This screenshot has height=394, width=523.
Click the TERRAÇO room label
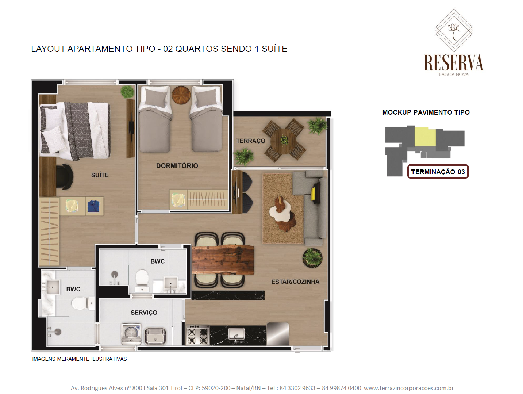pyautogui.click(x=250, y=141)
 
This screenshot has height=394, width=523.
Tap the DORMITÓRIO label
pyautogui.click(x=177, y=166)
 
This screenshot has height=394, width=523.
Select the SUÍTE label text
pyautogui.click(x=100, y=175)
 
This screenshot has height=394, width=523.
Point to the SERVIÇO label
pyautogui.click(x=144, y=313)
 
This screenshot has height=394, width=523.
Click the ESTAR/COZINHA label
pyautogui.click(x=296, y=282)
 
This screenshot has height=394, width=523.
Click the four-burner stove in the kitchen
pyautogui.click(x=197, y=335)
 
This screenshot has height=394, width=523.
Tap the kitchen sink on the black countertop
pyautogui.click(x=236, y=334)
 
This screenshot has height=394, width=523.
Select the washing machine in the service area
pyautogui.click(x=131, y=334)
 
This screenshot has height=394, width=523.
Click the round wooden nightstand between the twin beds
pyautogui.click(x=181, y=95)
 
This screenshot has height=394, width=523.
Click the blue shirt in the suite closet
pyautogui.click(x=93, y=206)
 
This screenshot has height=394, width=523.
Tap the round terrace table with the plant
pyautogui.click(x=284, y=141)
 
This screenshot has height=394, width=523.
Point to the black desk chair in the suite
pyautogui.click(x=64, y=177)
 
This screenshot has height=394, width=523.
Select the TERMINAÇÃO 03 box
pyautogui.click(x=438, y=172)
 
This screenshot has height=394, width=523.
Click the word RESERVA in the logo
pyautogui.click(x=454, y=62)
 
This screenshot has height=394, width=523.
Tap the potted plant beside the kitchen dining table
pyautogui.click(x=312, y=258)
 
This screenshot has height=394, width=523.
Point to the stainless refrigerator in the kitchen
pyautogui.click(x=278, y=334)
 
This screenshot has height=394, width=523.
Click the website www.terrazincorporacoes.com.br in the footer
pyautogui.click(x=409, y=388)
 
